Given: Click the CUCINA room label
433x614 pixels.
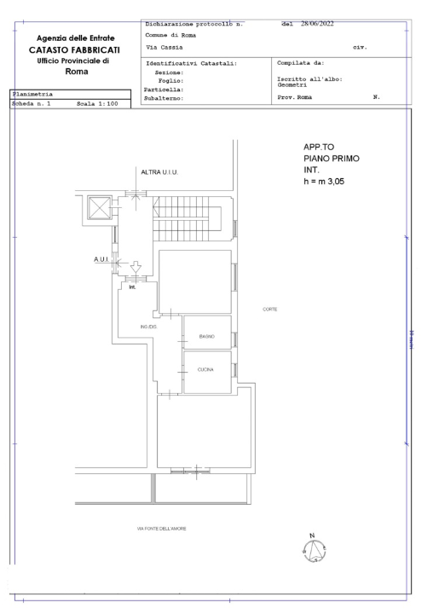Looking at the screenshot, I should (x=205, y=369).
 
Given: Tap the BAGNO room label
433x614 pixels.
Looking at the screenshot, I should (x=206, y=337).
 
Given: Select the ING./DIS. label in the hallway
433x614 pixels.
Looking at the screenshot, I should (x=150, y=327).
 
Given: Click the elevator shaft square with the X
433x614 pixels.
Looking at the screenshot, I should (x=98, y=207).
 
